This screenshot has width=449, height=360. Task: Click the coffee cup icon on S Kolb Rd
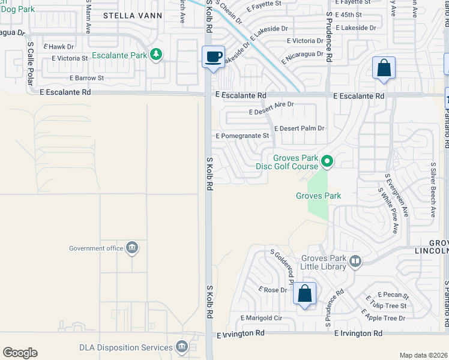click(x=213, y=57)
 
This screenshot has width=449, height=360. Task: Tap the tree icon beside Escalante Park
click(x=156, y=55)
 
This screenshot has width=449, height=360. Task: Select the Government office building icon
click(x=132, y=247)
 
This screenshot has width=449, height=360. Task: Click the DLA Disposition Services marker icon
click(x=181, y=347)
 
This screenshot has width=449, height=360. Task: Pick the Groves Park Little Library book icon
click(x=355, y=262)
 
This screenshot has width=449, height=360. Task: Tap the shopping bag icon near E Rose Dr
click(x=305, y=293)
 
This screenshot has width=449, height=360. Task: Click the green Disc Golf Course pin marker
click(x=327, y=161)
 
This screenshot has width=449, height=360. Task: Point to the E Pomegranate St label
click(x=242, y=136)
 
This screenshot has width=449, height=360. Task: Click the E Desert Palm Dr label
click(x=299, y=128)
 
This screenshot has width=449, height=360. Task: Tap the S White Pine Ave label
click(x=388, y=210)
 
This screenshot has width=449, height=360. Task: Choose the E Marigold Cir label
click(x=261, y=318)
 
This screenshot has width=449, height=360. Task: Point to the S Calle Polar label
click(x=29, y=63)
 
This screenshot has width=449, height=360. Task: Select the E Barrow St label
click(x=87, y=78)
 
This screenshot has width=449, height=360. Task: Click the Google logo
click(x=20, y=353)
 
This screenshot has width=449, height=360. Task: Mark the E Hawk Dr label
click(x=58, y=46)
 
